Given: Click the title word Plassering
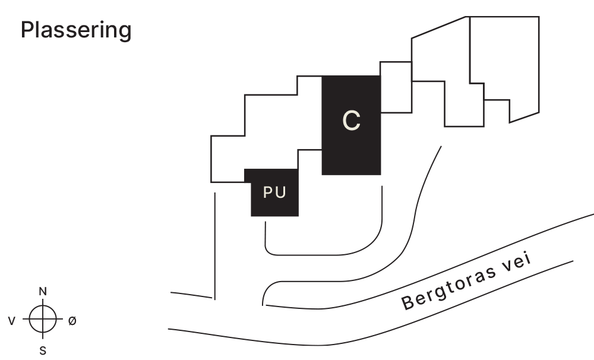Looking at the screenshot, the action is pyautogui.click(x=76, y=30).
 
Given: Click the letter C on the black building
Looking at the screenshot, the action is pyautogui.click(x=352, y=121).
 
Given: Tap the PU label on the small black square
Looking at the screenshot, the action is pyautogui.click(x=274, y=193).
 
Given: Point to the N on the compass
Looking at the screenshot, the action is pyautogui.click(x=43, y=291).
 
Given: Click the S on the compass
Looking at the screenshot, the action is pyautogui.click(x=43, y=350).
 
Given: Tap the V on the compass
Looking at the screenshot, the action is pyautogui.click(x=12, y=321).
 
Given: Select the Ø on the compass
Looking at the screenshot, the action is pyautogui.click(x=72, y=321).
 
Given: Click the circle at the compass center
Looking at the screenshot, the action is pyautogui.click(x=43, y=320).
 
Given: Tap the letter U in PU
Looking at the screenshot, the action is pyautogui.click(x=280, y=193).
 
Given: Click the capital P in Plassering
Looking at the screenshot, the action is pyautogui.click(x=27, y=30).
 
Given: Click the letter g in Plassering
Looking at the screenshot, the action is pyautogui.click(x=124, y=32).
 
